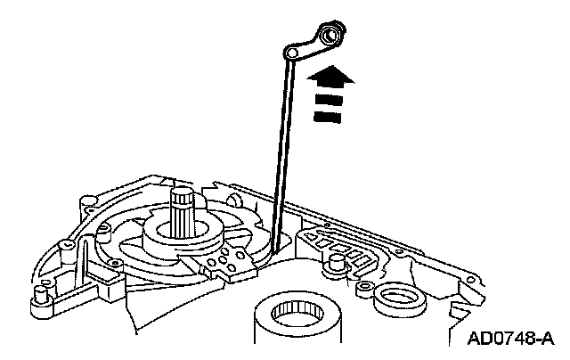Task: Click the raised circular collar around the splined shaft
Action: tap(183, 235)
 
